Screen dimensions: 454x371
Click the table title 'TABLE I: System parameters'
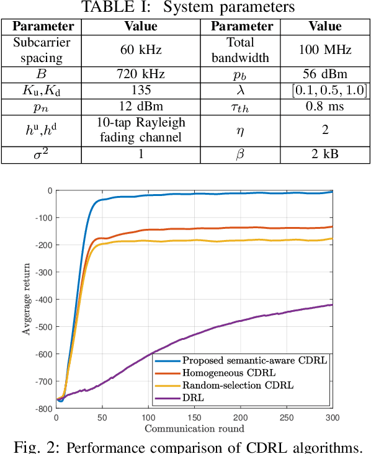185,9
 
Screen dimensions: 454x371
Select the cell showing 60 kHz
141,50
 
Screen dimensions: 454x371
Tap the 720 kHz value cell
141,74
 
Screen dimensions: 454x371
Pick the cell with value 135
141,91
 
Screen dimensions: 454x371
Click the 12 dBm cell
141,107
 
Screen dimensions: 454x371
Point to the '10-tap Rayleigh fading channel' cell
141,130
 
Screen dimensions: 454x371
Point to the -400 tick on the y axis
45,300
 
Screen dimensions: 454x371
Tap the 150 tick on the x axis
194,417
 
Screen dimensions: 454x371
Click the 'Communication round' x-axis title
194,429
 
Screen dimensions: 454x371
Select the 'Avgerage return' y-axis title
27,300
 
